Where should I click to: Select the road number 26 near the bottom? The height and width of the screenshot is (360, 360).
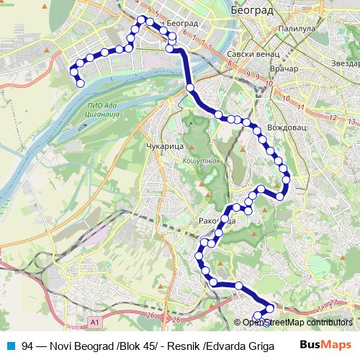[150, 315]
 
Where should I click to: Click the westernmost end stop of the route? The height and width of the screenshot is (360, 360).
[72, 70]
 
